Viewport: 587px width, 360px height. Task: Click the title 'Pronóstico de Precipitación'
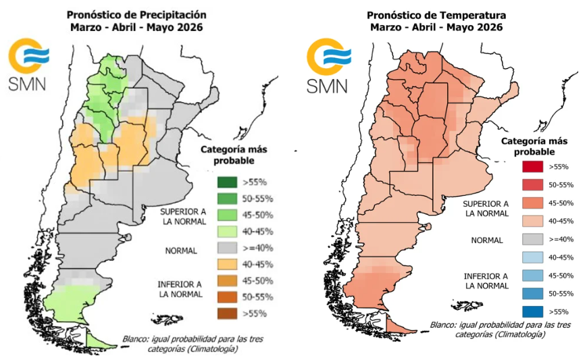click(x=136, y=14)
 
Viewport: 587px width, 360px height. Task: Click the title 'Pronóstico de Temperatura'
click(x=436, y=14)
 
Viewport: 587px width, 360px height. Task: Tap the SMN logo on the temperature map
click(x=327, y=66)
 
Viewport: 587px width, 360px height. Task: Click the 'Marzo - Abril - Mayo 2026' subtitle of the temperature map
click(x=436, y=28)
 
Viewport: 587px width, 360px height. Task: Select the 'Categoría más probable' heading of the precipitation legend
click(x=225, y=155)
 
